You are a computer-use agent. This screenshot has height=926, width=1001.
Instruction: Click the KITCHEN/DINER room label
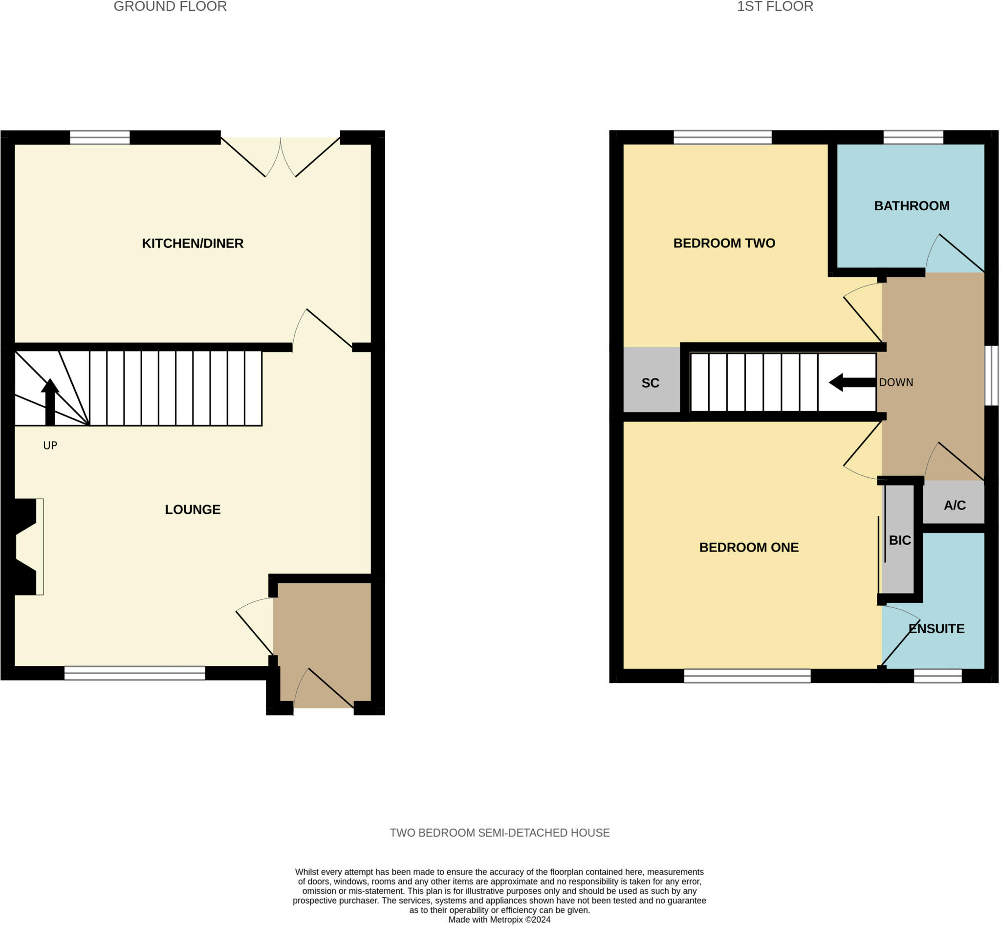193,243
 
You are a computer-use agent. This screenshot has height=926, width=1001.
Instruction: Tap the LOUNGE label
193,509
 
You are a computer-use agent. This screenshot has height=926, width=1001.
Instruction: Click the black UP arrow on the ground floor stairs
49,401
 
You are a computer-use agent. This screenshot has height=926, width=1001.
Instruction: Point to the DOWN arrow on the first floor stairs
852,382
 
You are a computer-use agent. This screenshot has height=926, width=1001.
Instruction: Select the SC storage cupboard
650,383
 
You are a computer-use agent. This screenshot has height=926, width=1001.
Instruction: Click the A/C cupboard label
955,505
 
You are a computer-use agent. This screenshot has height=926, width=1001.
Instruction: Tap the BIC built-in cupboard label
899,540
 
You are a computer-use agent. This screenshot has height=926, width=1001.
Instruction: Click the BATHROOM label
912,206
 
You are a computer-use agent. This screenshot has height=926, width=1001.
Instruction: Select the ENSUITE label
936,628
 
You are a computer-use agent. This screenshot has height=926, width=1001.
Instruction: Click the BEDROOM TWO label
724,243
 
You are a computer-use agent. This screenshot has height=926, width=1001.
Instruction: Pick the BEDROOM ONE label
748,547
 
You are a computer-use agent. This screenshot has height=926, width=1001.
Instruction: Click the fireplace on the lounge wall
27,547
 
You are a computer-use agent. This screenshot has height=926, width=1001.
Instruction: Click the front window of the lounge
135,673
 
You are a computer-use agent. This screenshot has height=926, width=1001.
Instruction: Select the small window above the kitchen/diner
100,137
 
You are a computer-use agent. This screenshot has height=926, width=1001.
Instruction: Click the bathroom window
913,137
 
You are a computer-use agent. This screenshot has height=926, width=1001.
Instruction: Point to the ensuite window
937,676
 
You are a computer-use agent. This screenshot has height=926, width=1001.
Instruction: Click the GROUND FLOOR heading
171,6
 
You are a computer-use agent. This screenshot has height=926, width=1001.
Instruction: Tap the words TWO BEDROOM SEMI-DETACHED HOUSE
500,832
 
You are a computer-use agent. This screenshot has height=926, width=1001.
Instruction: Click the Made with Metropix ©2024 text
499,920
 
